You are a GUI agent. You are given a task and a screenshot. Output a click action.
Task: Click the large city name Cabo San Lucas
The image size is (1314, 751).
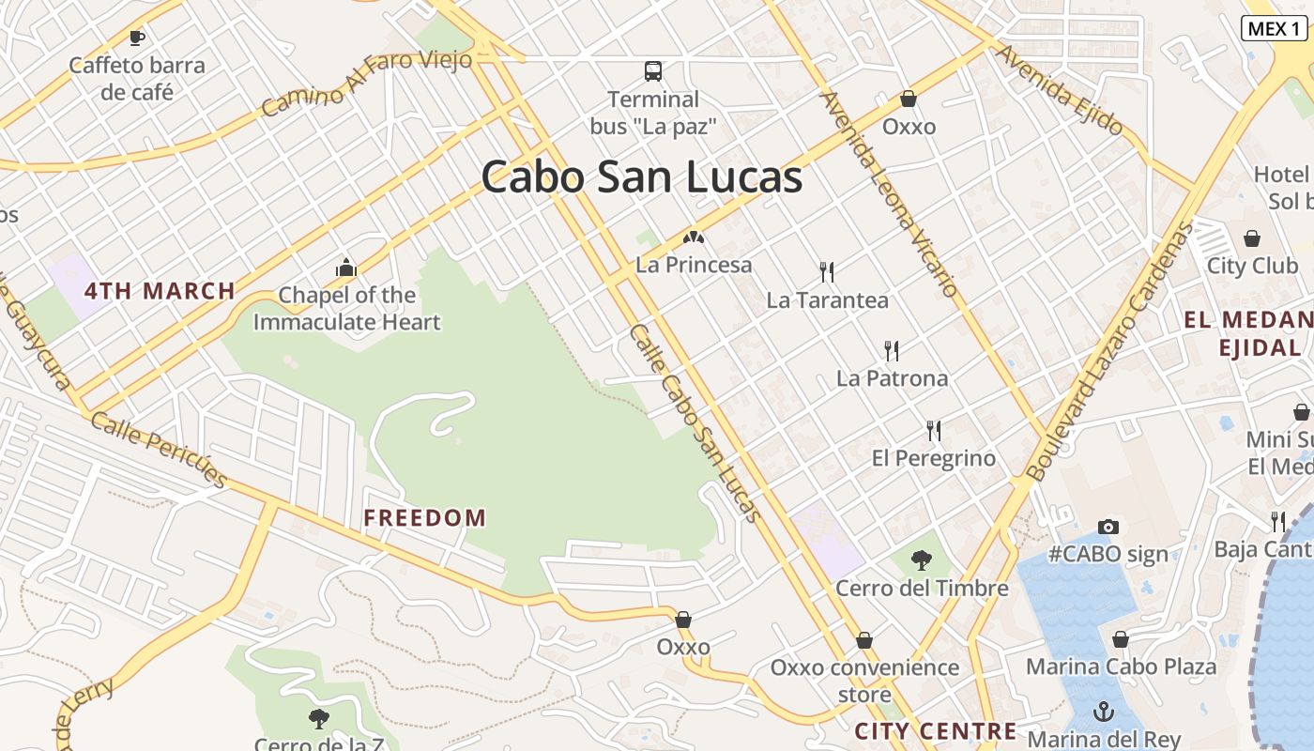pyautogui.click(x=642, y=176)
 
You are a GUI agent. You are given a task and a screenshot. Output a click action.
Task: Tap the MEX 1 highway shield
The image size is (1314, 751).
pyautogui.click(x=1274, y=28)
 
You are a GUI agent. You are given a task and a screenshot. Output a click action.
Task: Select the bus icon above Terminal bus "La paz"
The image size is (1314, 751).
pyautogui.click(x=652, y=70)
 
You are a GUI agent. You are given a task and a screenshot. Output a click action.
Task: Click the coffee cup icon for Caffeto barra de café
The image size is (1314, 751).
pyautogui.click(x=137, y=38)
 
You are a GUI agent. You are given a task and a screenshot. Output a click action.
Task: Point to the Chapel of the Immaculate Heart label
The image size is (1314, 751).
pyautogui.click(x=346, y=309)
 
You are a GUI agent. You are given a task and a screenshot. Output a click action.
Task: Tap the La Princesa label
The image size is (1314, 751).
pyautogui.click(x=694, y=265)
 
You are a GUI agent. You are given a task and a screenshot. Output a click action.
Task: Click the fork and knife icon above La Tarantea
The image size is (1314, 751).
pyautogui.click(x=827, y=272)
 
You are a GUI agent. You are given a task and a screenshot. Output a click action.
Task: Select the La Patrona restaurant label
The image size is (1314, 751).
pyautogui.click(x=892, y=378)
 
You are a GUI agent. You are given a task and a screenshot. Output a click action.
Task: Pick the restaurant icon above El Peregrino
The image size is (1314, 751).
pyautogui.click(x=934, y=431)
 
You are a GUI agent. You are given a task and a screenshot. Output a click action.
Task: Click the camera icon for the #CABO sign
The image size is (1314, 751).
pyautogui.click(x=1108, y=527)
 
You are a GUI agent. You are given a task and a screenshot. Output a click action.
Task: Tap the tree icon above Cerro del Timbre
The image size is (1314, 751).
pyautogui.click(x=922, y=560)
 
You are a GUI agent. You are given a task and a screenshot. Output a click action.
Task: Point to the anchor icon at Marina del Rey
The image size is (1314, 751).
pyautogui.click(x=1105, y=712)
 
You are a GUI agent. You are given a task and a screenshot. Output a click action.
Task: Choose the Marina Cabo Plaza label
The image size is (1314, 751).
pyautogui.click(x=1121, y=667)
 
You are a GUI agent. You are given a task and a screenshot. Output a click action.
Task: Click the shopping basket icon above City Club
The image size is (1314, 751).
pyautogui.click(x=1252, y=238)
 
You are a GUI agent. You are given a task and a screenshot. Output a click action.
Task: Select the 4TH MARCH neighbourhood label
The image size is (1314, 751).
pyautogui.click(x=160, y=291)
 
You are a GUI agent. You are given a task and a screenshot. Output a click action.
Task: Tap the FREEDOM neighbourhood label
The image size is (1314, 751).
pyautogui.click(x=425, y=517)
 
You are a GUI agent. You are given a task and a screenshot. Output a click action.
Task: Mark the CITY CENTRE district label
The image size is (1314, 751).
pyautogui.click(x=936, y=731)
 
